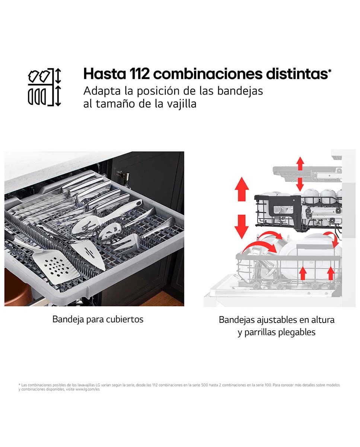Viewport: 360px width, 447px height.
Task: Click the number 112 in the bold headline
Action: pos(139,74)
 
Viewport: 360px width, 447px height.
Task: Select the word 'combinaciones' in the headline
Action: pos(208,74)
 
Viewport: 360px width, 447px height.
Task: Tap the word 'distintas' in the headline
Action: pos(297,74)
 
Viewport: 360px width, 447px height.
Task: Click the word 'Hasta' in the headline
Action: pos(105,74)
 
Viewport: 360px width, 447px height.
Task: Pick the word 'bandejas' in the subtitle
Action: pos(240,91)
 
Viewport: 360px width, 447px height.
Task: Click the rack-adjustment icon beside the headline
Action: pos(44,87)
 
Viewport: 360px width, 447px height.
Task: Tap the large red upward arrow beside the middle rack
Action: pos(242,189)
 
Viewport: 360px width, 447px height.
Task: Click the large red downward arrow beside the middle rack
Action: pos(242,226)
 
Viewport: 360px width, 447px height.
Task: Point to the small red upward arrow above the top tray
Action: pos(300,164)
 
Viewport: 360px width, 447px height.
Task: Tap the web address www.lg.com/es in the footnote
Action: pos(87,390)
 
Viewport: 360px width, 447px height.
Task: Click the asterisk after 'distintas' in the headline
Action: pos(330,71)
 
